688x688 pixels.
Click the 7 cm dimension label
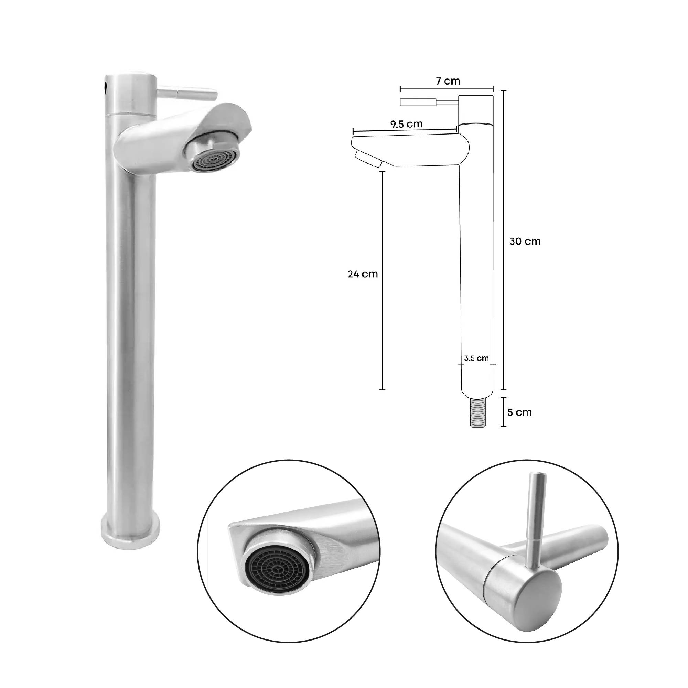point(448,81)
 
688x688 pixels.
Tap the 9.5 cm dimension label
point(406,124)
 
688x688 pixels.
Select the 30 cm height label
point(525,241)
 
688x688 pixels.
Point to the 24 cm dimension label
point(363,274)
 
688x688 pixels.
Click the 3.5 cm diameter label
point(476,358)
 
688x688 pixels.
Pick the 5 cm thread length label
point(519,412)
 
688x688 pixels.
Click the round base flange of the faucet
point(130,534)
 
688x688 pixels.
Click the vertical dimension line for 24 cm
point(383,285)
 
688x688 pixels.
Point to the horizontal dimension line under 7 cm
point(447,89)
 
